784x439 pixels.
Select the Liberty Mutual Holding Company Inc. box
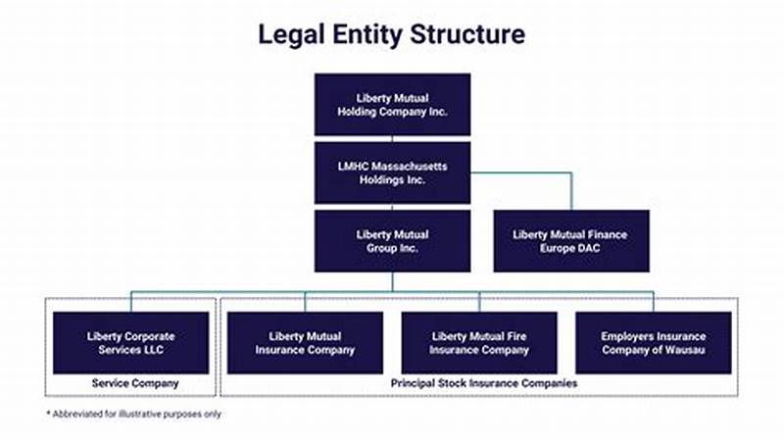coord(392,104)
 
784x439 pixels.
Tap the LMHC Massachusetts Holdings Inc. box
coord(392,172)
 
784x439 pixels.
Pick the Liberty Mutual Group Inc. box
coord(392,241)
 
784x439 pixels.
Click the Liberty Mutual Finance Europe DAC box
coord(569,241)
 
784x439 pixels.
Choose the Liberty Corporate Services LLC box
coord(130,343)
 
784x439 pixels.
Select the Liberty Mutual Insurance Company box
coord(305,343)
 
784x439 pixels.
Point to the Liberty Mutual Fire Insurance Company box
coord(479,343)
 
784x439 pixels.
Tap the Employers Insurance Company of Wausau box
coord(653,343)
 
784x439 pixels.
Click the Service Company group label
coord(130,383)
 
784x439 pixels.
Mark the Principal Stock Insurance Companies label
coord(479,383)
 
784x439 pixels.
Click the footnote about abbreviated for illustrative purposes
coord(134,415)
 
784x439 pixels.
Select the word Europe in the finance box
coord(552,248)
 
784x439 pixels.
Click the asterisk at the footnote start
coord(49,414)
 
